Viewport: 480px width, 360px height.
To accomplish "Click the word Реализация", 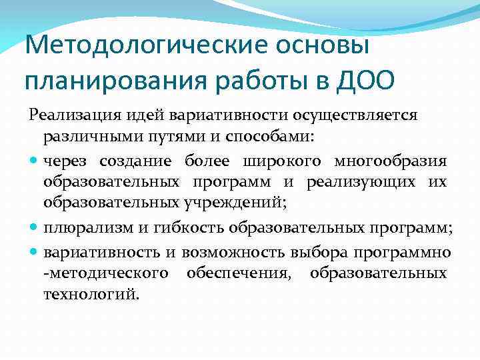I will (x=69, y=115).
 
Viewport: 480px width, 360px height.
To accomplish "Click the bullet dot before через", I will (x=34, y=161).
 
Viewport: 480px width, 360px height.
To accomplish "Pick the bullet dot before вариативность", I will (x=34, y=253).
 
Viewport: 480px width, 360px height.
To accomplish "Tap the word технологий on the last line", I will (x=91, y=294).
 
